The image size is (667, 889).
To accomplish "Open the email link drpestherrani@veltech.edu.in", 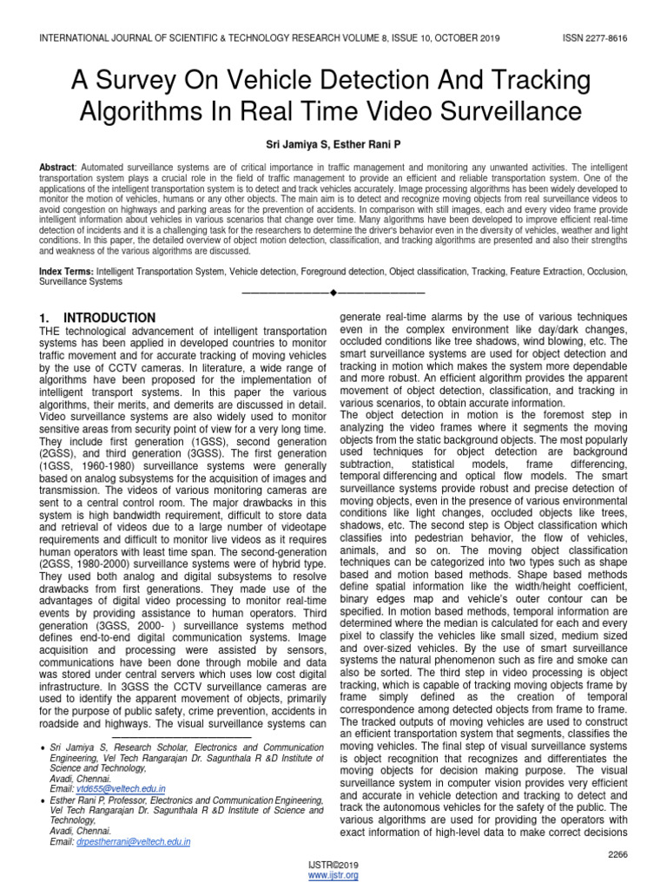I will (132, 841).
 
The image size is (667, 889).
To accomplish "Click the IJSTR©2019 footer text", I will (333, 866).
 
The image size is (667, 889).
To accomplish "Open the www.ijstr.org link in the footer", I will (333, 877).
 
